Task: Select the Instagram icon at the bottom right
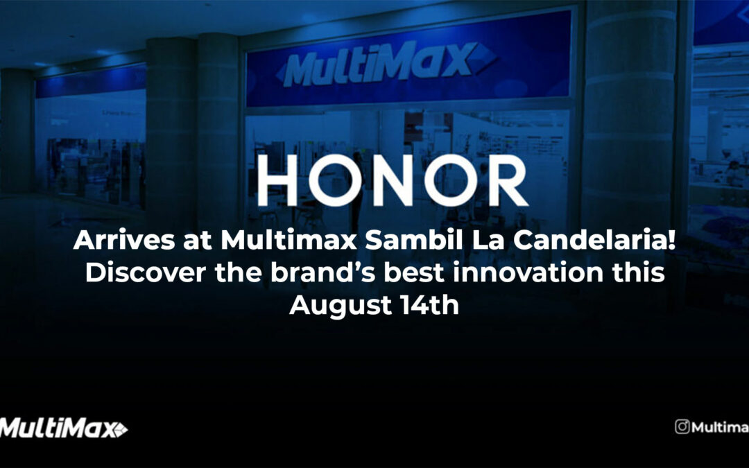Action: click(682, 427)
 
